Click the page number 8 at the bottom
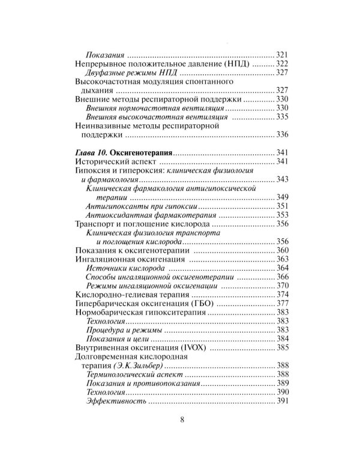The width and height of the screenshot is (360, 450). pyautogui.click(x=181, y=419)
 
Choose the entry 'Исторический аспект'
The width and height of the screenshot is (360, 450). pyautogui.click(x=112, y=163)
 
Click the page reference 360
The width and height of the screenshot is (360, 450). pyautogui.click(x=281, y=250)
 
